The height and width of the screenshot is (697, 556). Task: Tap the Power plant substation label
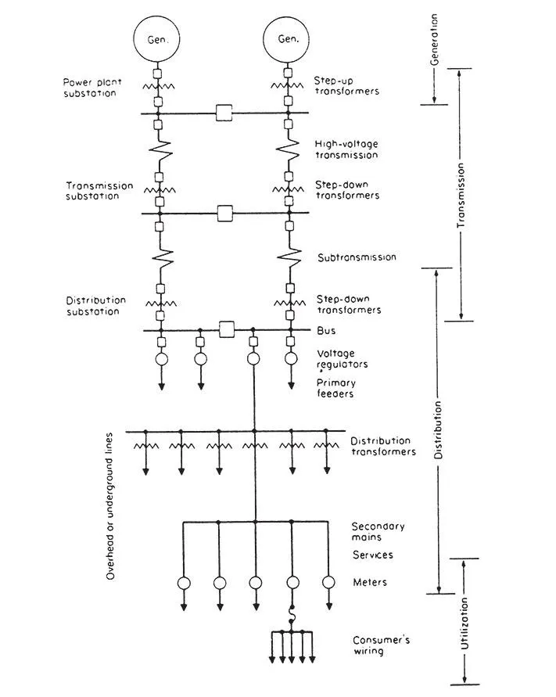[x=92, y=88]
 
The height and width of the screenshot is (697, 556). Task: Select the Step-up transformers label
[x=346, y=86]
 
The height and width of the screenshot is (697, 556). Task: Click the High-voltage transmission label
[x=346, y=149]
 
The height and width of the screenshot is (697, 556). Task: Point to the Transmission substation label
[x=99, y=191]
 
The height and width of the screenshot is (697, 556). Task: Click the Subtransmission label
[x=357, y=257]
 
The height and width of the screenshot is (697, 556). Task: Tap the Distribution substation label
[x=96, y=306]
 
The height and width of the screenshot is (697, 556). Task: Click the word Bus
[x=326, y=331]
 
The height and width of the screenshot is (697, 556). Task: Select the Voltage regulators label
[x=343, y=359]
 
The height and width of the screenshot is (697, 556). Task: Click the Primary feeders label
[x=336, y=388]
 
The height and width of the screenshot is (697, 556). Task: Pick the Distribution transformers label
[x=383, y=447]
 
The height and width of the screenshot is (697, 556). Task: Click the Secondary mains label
[x=378, y=532]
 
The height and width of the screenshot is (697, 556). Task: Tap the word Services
[x=373, y=555]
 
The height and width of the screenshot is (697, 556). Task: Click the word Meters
[x=370, y=582]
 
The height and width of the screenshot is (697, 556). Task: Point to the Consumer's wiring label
[x=382, y=645]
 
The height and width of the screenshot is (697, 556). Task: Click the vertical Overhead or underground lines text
[x=109, y=506]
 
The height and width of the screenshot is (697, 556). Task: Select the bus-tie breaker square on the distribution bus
[x=227, y=330]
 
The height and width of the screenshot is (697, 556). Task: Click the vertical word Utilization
[x=465, y=623]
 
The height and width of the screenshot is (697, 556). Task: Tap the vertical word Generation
[x=434, y=39]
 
